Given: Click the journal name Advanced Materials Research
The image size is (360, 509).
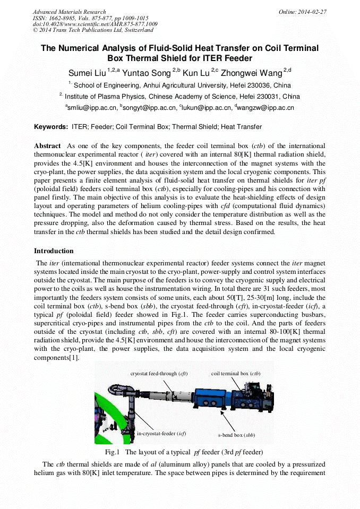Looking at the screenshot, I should coord(69,12).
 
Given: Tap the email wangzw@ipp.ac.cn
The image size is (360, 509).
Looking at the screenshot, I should coord(268,108).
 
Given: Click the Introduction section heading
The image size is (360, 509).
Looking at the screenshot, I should coord(54,251).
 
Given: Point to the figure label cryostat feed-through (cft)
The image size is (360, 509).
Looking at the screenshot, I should coord(159,374).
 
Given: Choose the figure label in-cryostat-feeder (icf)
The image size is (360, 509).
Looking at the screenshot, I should coord(161,434).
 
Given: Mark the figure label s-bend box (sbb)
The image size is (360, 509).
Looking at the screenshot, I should coord(236,435).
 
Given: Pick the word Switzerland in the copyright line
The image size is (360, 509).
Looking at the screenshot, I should coord(135,30).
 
